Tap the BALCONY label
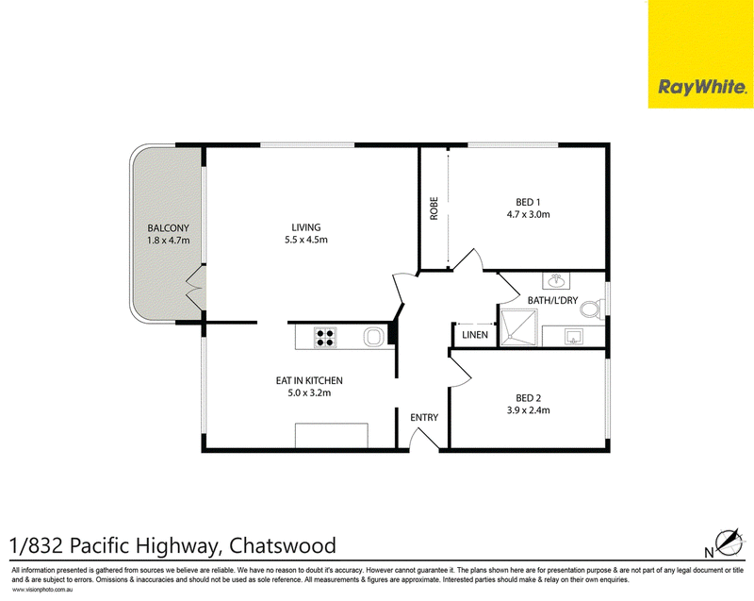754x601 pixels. coord(168,228)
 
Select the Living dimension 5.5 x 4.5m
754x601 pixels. coord(305,240)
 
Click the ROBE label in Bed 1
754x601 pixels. coord(434,209)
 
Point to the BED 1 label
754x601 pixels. coord(528,202)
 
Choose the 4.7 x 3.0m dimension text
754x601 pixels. coord(528,214)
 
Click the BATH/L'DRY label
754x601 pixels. coord(552,300)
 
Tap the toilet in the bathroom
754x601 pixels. coord(593,309)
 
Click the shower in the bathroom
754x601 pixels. coord(518,327)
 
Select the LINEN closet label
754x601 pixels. coord(475,335)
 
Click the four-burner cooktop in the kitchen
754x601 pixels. coord(325,337)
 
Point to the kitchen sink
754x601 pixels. coord(373,337)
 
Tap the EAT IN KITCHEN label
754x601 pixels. coord(309,380)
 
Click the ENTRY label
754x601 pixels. coord(424,417)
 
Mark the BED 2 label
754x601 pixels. coord(528,398)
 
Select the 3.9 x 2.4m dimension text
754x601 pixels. coord(528,410)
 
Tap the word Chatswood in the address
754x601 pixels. coord(283,545)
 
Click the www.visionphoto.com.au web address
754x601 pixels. coord(42,590)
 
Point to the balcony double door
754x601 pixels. coord(196,288)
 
